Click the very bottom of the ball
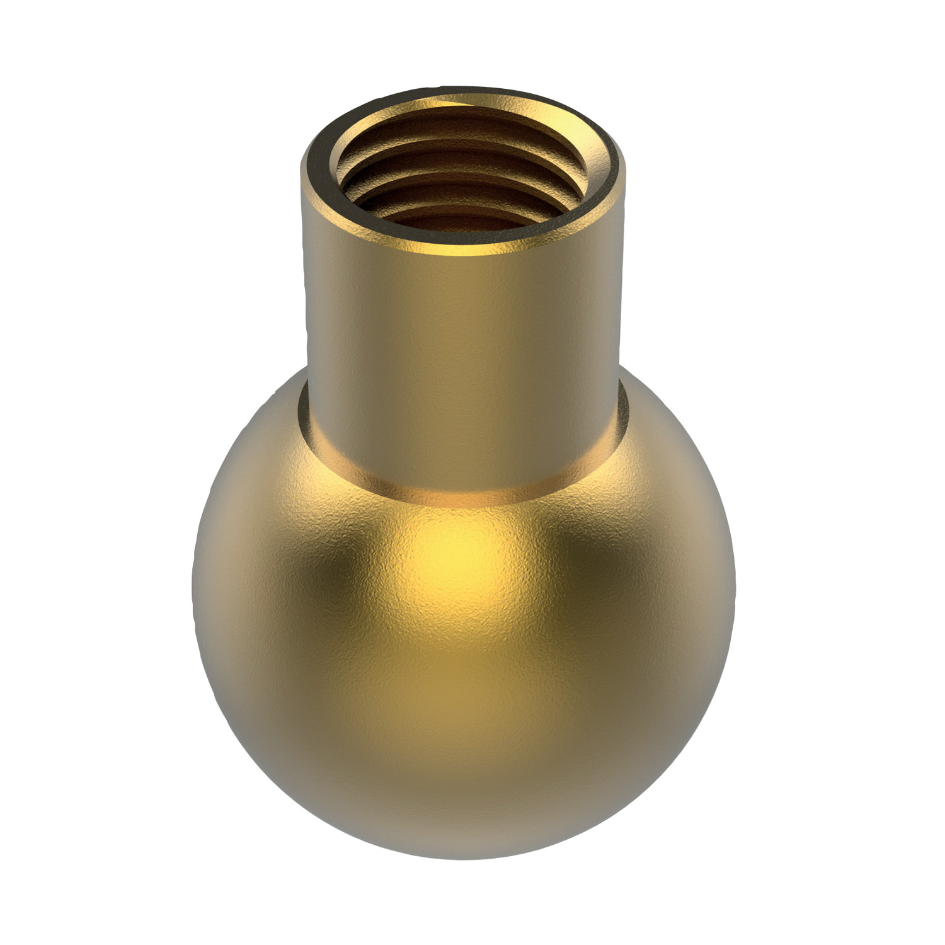(463, 857)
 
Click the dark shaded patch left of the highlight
(340, 567)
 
